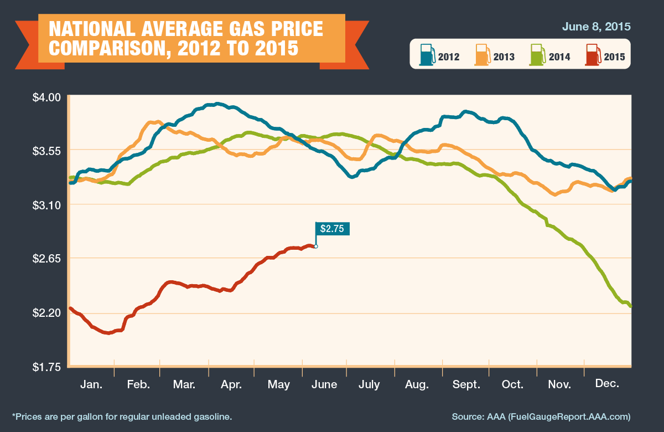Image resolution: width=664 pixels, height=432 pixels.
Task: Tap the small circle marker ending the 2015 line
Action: pos(316,246)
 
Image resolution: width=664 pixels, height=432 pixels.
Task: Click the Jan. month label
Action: pos(91,384)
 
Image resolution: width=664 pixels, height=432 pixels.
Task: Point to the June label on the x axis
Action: pos(324,384)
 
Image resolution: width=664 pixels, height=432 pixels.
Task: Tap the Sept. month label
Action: pos(466,384)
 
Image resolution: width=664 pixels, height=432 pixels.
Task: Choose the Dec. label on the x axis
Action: pos(606,384)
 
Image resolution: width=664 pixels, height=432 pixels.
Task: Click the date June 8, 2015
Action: pos(596,27)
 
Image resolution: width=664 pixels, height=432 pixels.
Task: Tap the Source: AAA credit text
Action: pos(541,416)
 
